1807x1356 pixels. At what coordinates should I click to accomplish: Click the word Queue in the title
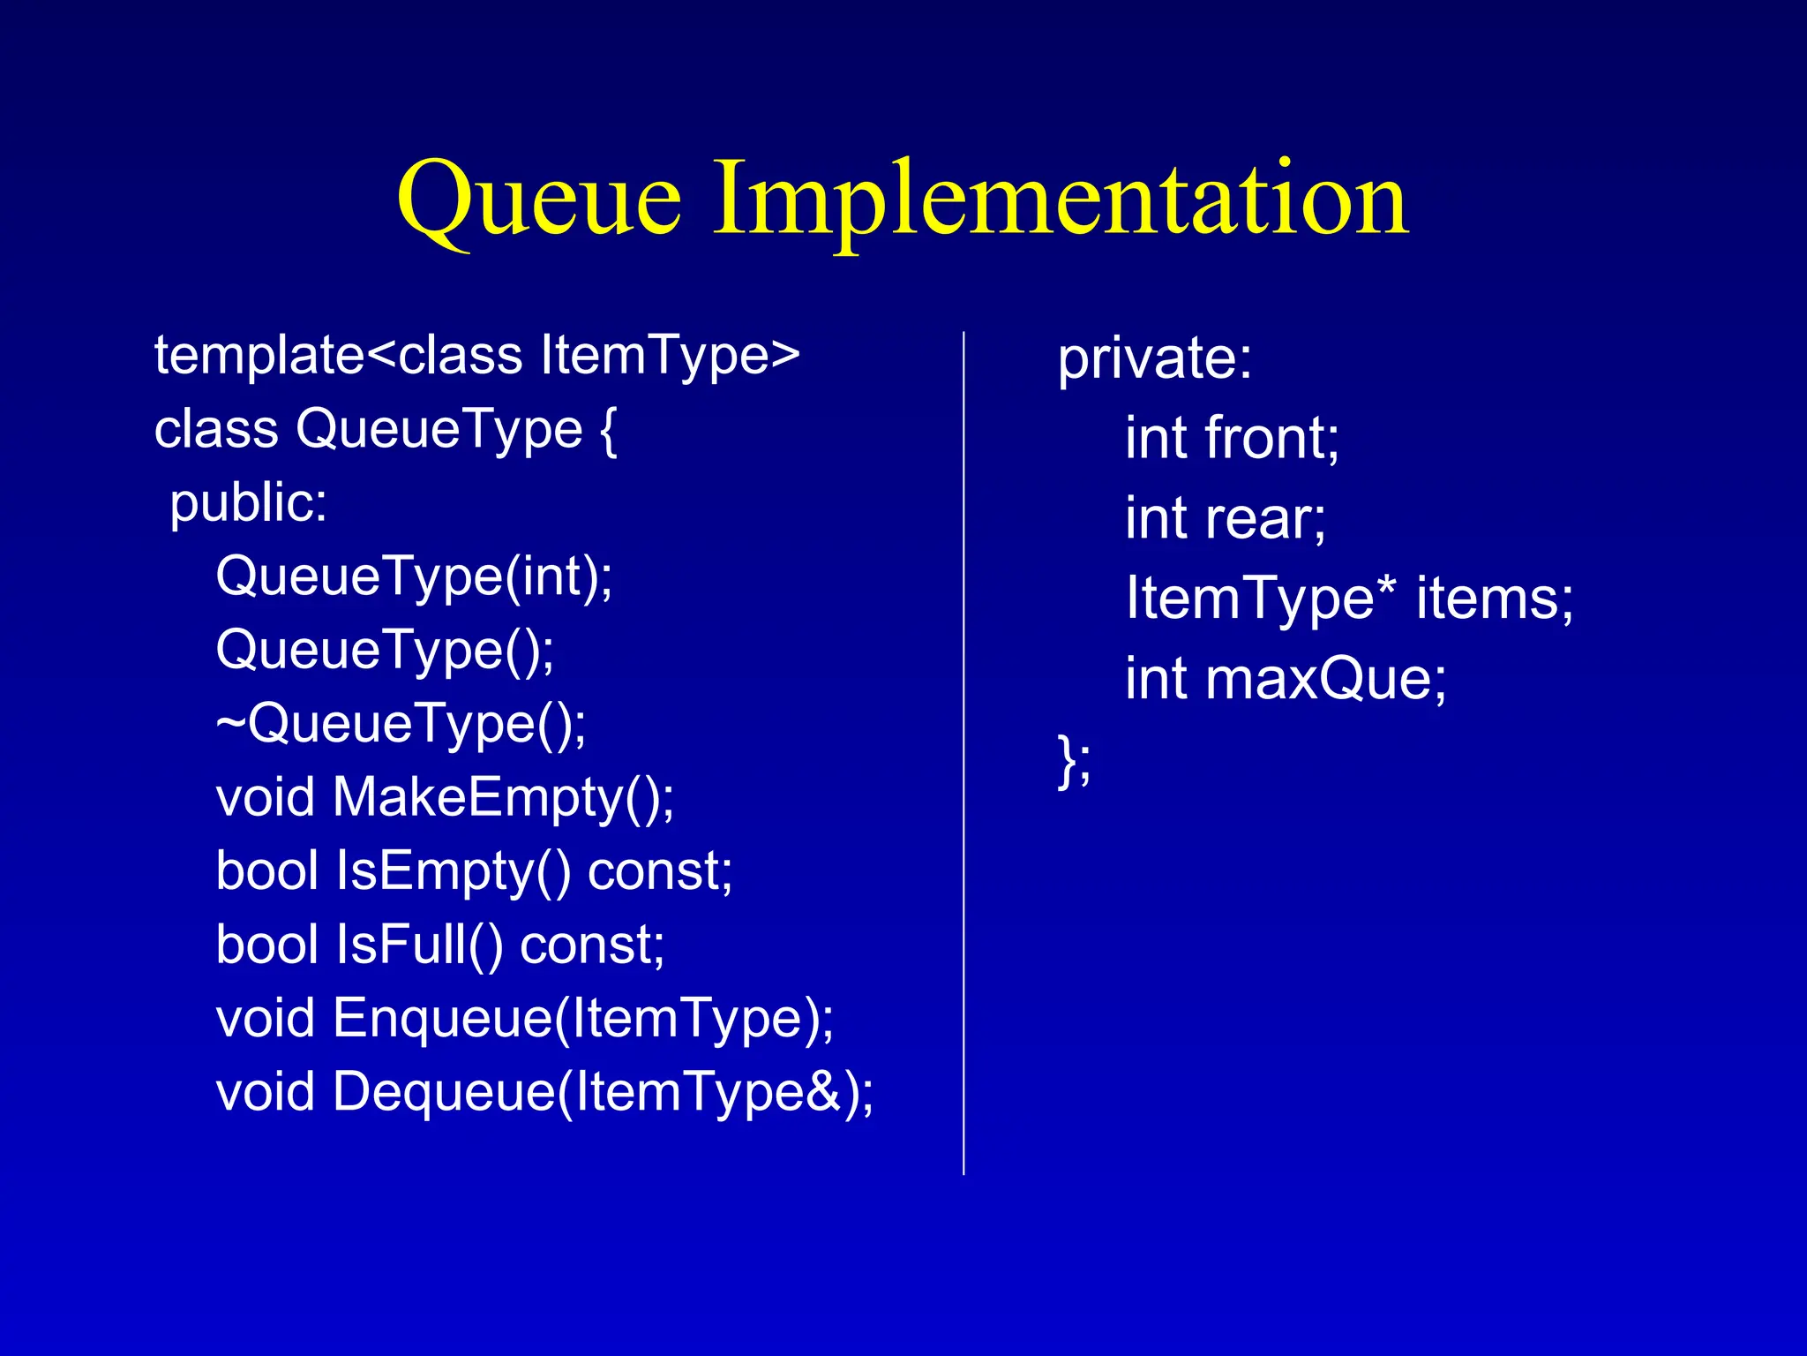(538, 199)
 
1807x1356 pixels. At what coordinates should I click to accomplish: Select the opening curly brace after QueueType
(608, 430)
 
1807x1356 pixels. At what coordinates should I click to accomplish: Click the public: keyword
(248, 503)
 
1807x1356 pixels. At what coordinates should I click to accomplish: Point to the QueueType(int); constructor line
(414, 577)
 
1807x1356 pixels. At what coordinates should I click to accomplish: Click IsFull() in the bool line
(419, 945)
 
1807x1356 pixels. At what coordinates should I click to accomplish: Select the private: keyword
(1154, 359)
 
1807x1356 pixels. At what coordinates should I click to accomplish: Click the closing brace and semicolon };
(1074, 759)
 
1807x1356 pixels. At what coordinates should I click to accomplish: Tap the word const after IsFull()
(591, 945)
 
